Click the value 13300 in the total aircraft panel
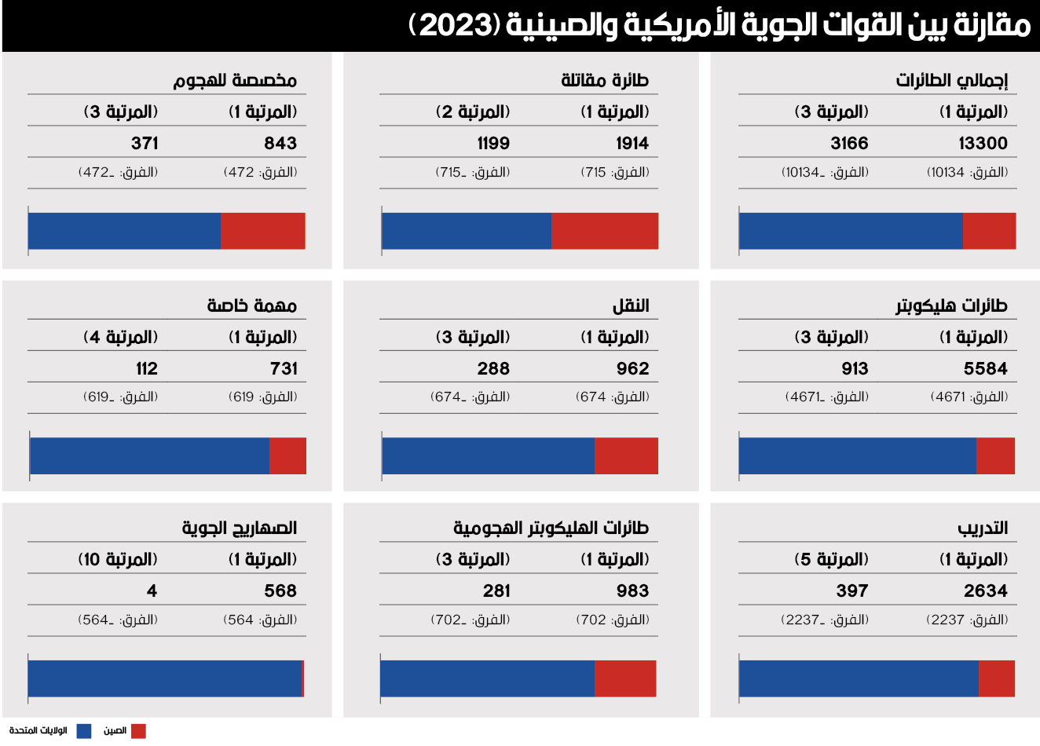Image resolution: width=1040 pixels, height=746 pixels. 983,143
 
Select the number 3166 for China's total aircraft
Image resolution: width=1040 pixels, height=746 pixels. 849,143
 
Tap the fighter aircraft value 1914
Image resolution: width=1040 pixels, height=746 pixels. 632,143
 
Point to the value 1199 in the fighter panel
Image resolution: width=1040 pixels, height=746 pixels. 493,143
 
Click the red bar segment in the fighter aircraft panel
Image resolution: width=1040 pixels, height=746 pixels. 605,231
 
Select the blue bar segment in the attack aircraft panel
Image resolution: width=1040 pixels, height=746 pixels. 124,231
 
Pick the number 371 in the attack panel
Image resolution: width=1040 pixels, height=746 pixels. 145,143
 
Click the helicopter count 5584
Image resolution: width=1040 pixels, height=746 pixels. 985,368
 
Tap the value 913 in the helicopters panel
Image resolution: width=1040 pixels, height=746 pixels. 855,368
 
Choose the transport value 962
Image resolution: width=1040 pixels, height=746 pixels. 632,368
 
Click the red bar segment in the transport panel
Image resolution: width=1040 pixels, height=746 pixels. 626,456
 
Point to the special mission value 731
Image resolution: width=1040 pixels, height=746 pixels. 284,368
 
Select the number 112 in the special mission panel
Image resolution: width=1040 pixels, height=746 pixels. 146,368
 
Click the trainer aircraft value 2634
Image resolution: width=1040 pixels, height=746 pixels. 985,591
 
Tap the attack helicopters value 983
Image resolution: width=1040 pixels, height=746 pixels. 632,591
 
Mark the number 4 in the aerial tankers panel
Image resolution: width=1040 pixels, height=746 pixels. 152,591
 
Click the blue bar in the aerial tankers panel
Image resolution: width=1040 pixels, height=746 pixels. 165,678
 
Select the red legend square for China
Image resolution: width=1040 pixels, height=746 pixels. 138,731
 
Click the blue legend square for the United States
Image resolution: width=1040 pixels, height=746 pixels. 83,731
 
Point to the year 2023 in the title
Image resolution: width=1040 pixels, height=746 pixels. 455,26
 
